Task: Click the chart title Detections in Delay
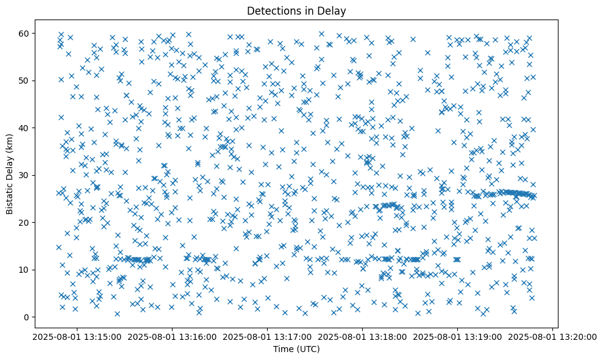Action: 296,10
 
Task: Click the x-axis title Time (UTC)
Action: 296,350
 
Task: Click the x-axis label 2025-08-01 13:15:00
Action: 77,336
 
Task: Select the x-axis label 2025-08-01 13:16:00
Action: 172,336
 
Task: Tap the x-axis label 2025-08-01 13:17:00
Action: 267,336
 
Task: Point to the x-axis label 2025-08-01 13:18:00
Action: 362,336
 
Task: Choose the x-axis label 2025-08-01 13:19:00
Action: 457,336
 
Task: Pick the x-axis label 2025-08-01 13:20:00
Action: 552,336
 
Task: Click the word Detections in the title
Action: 271,10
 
